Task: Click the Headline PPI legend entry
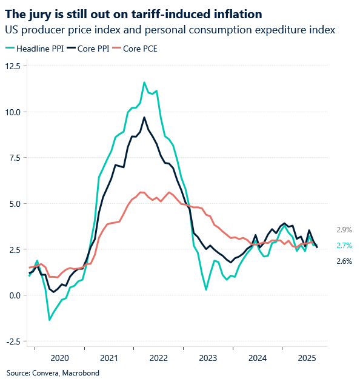pyautogui.click(x=34, y=48)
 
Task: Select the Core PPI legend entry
pyautogui.click(x=88, y=48)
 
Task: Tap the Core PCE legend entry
pyautogui.click(x=138, y=48)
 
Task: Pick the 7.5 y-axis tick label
pyautogui.click(x=14, y=158)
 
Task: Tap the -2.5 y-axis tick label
pyautogui.click(x=13, y=341)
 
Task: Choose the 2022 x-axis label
pyautogui.click(x=159, y=359)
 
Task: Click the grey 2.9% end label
pyautogui.click(x=344, y=230)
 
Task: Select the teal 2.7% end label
pyautogui.click(x=344, y=246)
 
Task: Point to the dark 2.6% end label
pyautogui.click(x=344, y=261)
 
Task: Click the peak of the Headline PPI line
pyautogui.click(x=144, y=83)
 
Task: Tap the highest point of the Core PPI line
pyautogui.click(x=144, y=118)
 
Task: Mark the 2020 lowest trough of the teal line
pyautogui.click(x=50, y=320)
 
